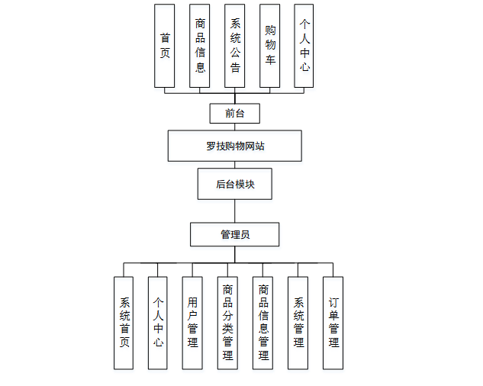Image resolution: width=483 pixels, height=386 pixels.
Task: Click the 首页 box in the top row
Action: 165,46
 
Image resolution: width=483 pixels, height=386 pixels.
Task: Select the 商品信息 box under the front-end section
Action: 200,46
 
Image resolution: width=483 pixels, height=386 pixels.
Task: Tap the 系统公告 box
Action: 235,46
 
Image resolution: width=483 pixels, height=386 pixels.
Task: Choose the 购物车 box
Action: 270,46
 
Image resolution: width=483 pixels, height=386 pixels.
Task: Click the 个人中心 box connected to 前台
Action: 304,46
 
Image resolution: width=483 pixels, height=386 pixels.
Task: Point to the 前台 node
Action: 235,114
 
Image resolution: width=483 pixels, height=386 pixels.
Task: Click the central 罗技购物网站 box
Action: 235,146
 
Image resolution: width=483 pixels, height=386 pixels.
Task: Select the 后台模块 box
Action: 235,184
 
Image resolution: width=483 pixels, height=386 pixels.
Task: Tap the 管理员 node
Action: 235,234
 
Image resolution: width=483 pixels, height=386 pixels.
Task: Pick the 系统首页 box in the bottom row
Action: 124,323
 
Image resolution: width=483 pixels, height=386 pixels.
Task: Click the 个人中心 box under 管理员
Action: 158,323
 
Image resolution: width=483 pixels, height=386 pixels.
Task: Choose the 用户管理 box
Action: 192,323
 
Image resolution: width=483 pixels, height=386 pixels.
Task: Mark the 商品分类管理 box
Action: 227,323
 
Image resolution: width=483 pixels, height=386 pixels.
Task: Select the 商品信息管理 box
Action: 263,323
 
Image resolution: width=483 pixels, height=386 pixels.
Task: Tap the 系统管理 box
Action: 298,323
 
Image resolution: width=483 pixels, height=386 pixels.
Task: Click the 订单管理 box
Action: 333,323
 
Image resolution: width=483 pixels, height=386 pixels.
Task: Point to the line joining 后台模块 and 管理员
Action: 235,211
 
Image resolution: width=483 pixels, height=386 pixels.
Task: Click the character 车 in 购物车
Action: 270,59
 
